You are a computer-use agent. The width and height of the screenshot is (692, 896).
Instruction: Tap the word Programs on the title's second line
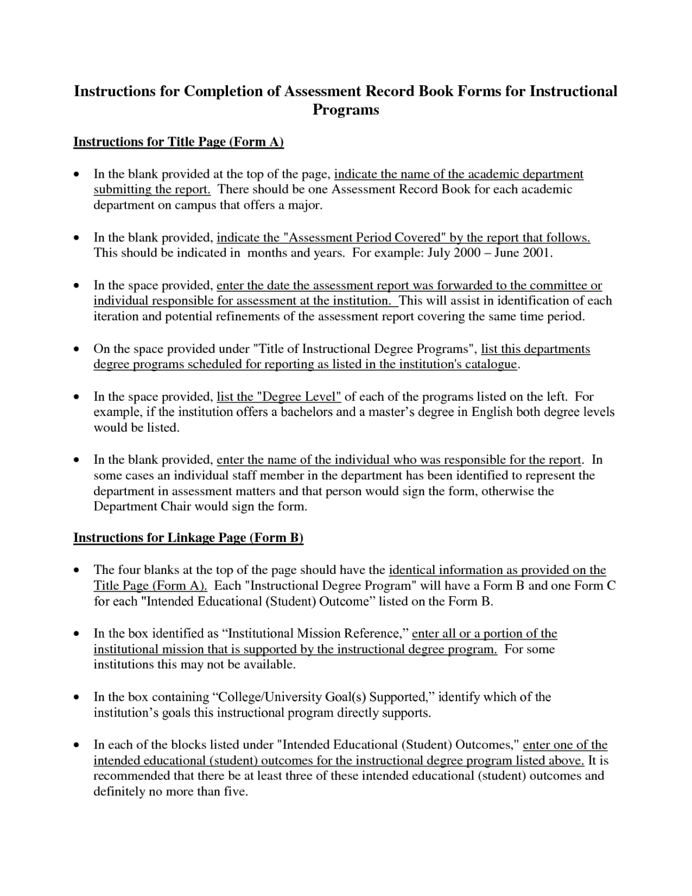click(346, 110)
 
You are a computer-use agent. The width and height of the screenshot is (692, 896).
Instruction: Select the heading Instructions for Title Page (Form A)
click(178, 142)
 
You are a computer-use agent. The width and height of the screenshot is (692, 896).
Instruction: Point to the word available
click(269, 665)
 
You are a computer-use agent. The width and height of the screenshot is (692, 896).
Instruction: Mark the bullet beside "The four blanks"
click(76, 570)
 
